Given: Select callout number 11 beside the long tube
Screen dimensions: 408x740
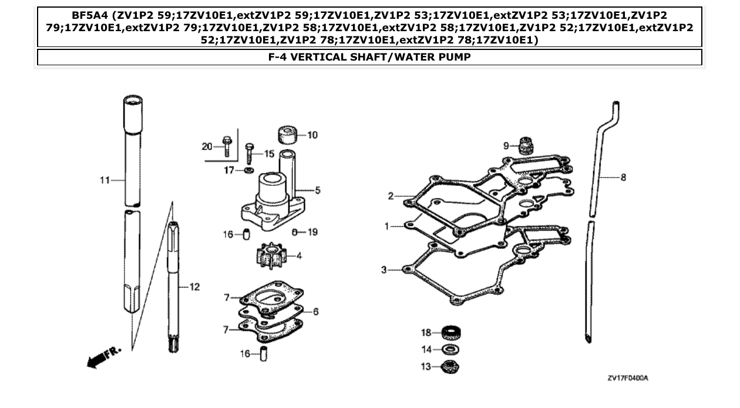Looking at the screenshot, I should click(104, 180).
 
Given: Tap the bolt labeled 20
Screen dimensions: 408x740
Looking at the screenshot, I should click(227, 145).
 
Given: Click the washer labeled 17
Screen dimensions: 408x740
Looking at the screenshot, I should click(249, 170).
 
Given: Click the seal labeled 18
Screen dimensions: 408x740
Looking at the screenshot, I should click(450, 333).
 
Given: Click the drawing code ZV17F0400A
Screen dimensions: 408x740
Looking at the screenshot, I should click(627, 378).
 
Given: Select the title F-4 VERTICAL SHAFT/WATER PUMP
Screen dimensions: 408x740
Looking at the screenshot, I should click(369, 58).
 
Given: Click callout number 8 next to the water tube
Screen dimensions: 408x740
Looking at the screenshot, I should click(623, 178).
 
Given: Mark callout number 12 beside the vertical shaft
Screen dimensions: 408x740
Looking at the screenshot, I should click(194, 287).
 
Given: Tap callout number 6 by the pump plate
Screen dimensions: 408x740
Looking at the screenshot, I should click(315, 312).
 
